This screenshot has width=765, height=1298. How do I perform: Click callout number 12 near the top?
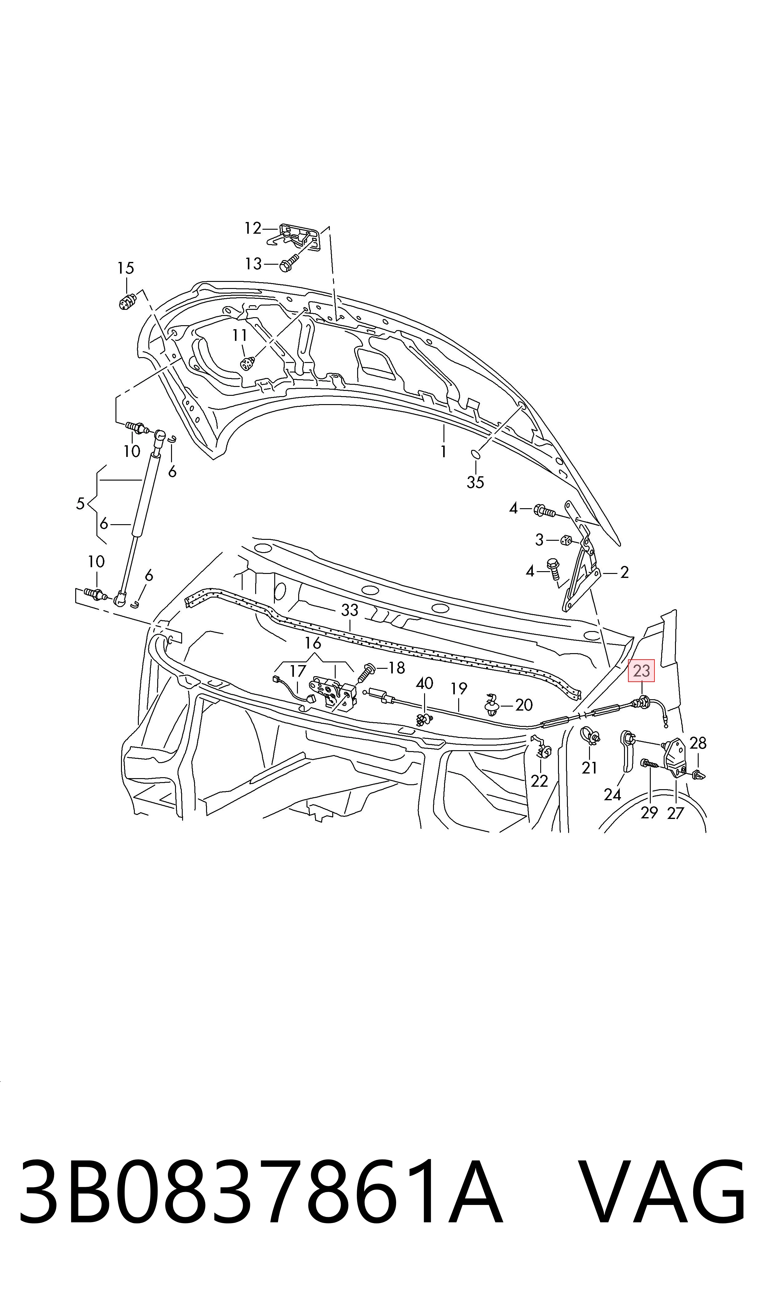click(x=252, y=228)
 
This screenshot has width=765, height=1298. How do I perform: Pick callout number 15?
click(x=125, y=268)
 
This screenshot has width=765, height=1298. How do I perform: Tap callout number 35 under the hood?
click(x=475, y=482)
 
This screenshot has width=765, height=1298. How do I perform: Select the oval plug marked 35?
click(x=476, y=454)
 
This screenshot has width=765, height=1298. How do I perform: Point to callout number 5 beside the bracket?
click(x=80, y=503)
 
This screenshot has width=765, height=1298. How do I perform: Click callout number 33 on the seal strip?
click(x=349, y=610)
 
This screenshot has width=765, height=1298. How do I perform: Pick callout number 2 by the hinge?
click(x=624, y=572)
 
